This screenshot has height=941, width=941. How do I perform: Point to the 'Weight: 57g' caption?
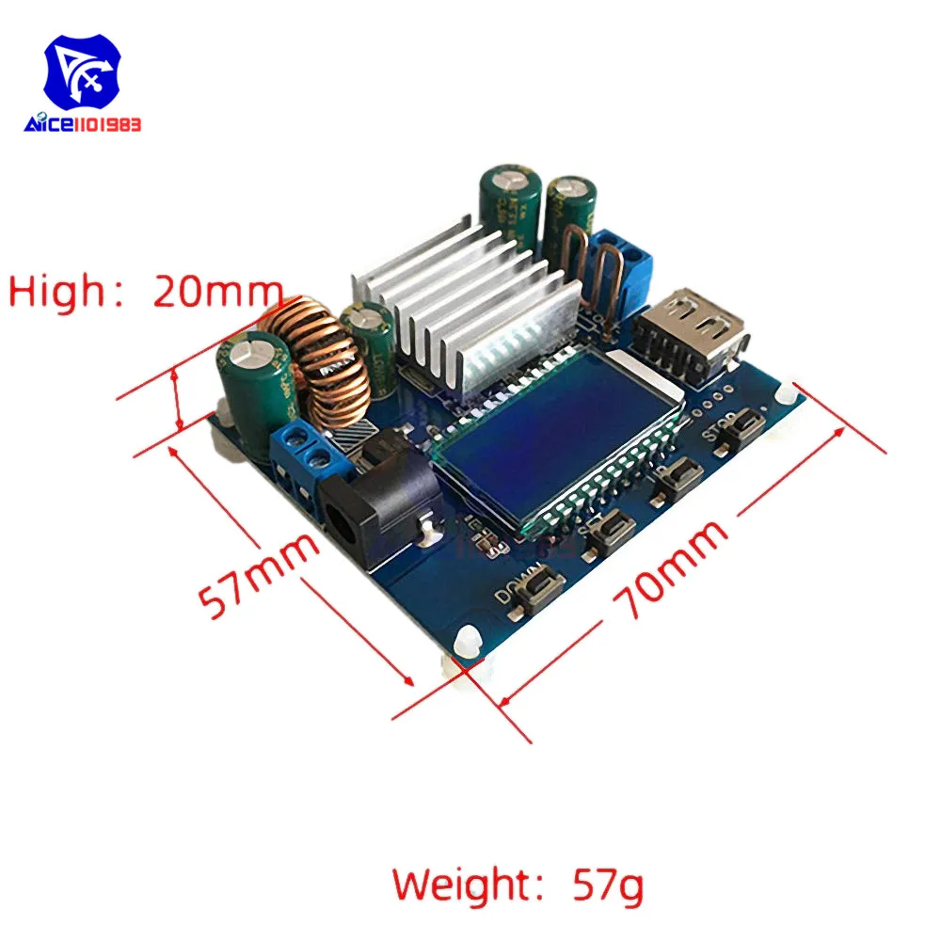click(518, 885)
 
